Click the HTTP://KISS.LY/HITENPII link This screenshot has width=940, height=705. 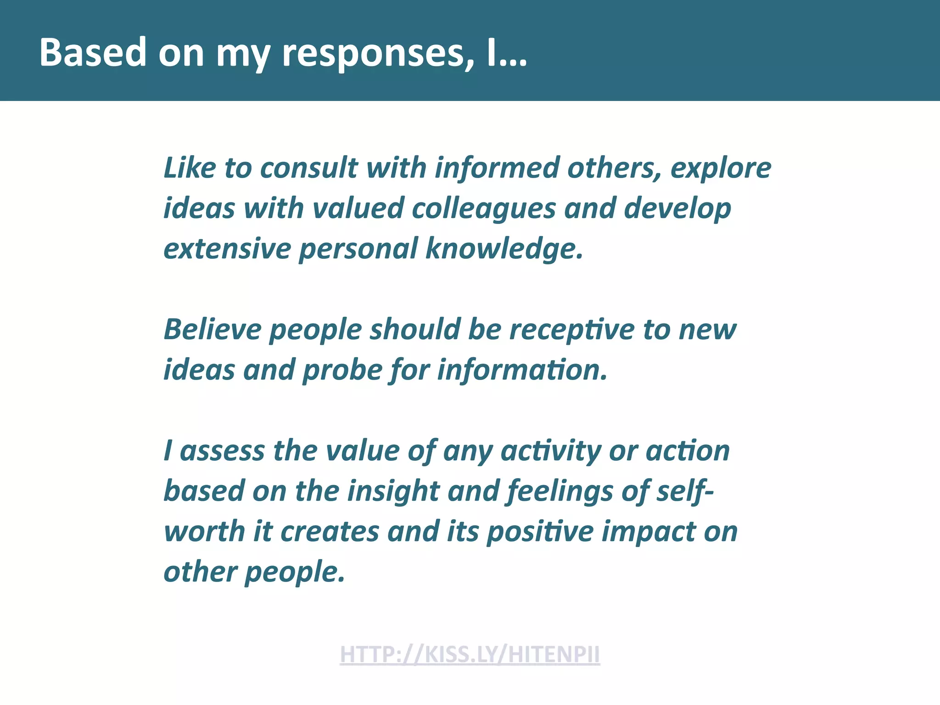[x=470, y=654]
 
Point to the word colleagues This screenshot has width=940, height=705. [x=484, y=208]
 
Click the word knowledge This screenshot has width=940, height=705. [x=504, y=249]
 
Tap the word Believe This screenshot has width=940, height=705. [x=213, y=330]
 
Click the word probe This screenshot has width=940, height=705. [x=342, y=371]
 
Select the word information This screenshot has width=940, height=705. [x=522, y=370]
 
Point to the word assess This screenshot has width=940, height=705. [x=222, y=451]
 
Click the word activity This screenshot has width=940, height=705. [x=550, y=452]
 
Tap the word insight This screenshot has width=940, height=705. [x=393, y=492]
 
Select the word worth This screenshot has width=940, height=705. [x=205, y=532]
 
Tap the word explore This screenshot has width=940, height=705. [x=721, y=168]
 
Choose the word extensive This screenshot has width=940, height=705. [x=227, y=249]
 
